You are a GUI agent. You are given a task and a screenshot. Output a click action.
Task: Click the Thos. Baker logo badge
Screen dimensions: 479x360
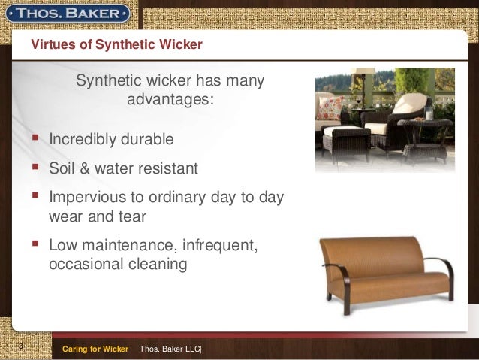pyautogui.click(x=68, y=14)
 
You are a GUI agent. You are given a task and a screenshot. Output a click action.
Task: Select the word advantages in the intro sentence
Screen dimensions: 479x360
pyautogui.click(x=169, y=99)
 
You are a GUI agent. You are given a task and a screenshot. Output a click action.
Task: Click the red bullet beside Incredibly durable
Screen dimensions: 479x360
pyautogui.click(x=35, y=138)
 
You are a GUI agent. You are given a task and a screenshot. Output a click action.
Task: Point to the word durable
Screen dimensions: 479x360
pyautogui.click(x=147, y=139)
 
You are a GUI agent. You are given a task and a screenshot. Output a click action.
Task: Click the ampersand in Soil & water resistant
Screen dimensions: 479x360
pyautogui.click(x=84, y=168)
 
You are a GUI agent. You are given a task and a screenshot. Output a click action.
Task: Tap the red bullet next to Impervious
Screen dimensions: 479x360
pyautogui.click(x=35, y=195)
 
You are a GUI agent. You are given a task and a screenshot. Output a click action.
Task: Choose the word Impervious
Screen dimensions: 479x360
pyautogui.click(x=87, y=197)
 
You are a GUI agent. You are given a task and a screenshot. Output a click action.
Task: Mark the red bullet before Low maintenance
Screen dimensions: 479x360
pyautogui.click(x=35, y=244)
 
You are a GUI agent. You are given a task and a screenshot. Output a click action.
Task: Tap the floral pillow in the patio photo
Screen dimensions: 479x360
pyautogui.click(x=330, y=108)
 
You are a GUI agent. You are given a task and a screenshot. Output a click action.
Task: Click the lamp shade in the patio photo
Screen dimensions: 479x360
pyautogui.click(x=363, y=71)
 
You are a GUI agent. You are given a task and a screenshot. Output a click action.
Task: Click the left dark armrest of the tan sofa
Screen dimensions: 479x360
pyautogui.click(x=343, y=281)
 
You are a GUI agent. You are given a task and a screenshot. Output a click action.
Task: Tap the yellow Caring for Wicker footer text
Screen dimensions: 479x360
pyautogui.click(x=95, y=349)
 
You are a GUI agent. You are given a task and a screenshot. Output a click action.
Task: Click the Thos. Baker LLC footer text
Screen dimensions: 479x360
pyautogui.click(x=170, y=349)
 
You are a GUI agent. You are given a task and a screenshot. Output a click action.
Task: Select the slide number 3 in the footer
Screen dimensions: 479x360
pyautogui.click(x=21, y=346)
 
